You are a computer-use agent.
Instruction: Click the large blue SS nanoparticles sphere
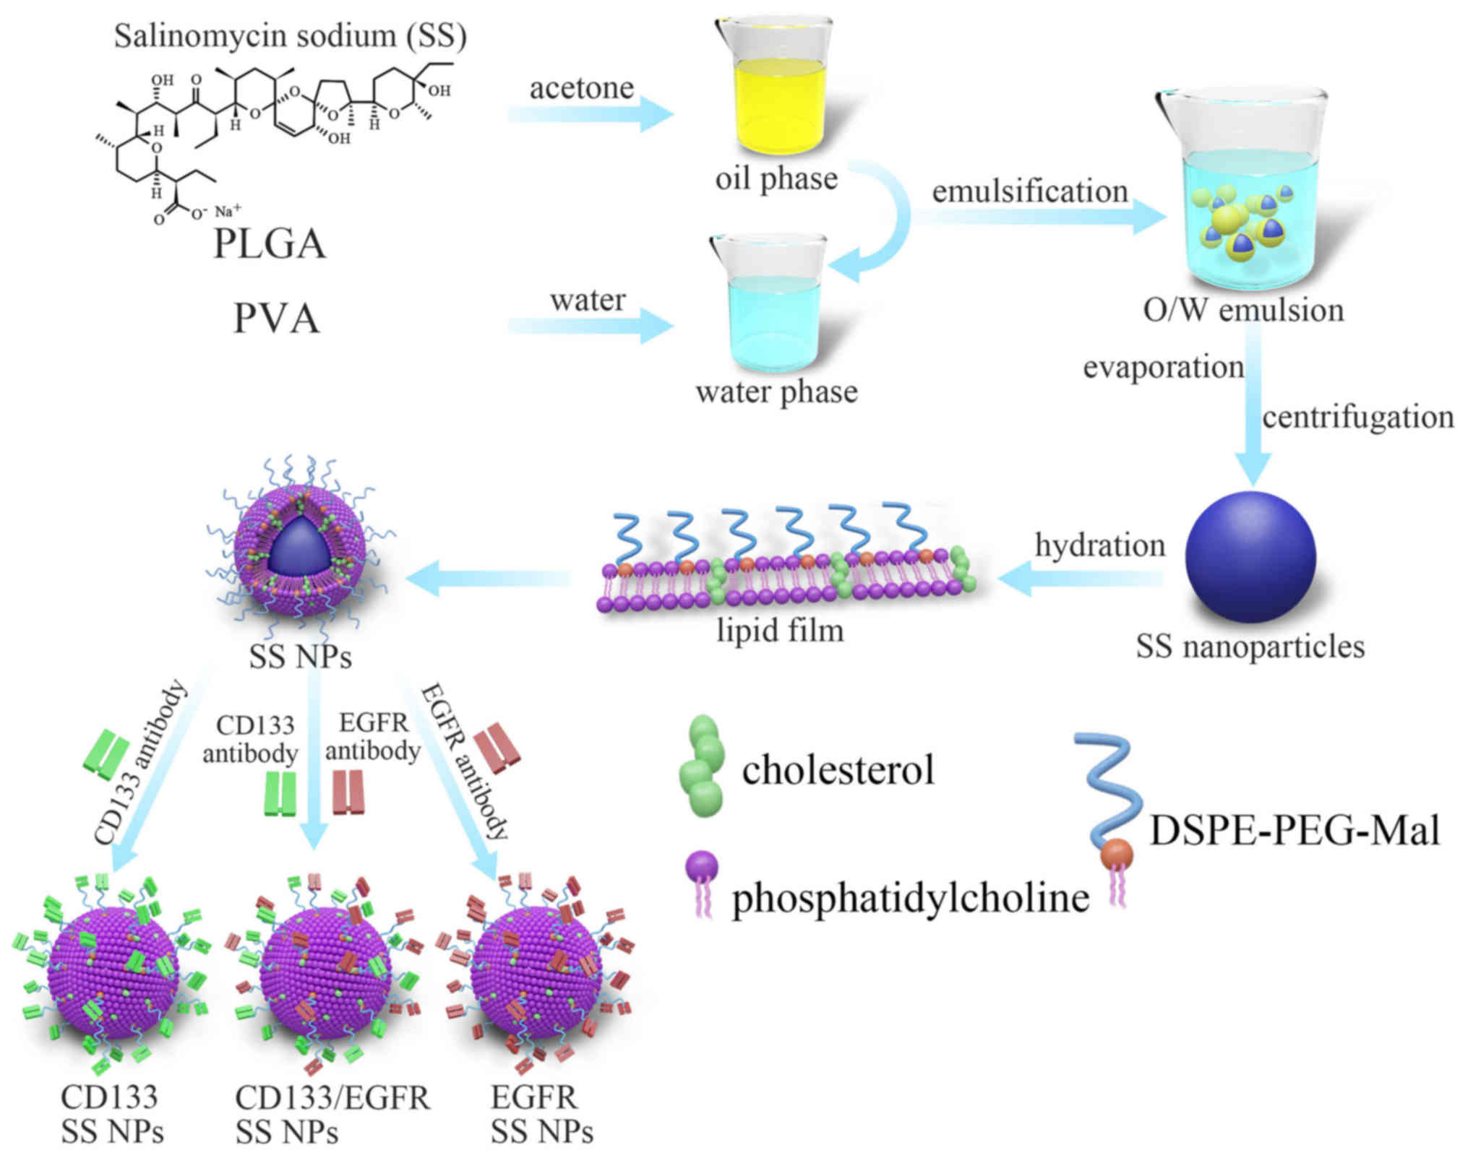pyautogui.click(x=1250, y=557)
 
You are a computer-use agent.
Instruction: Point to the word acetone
pyautogui.click(x=581, y=89)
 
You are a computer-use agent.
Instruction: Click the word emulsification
pyautogui.click(x=1029, y=192)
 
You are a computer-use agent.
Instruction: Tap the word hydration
pyautogui.click(x=1099, y=545)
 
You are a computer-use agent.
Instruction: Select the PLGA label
pyautogui.click(x=269, y=244)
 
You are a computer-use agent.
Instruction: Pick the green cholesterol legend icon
pyautogui.click(x=702, y=766)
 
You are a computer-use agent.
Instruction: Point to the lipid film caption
pyautogui.click(x=780, y=631)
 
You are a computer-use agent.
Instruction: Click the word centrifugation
pyautogui.click(x=1357, y=418)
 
